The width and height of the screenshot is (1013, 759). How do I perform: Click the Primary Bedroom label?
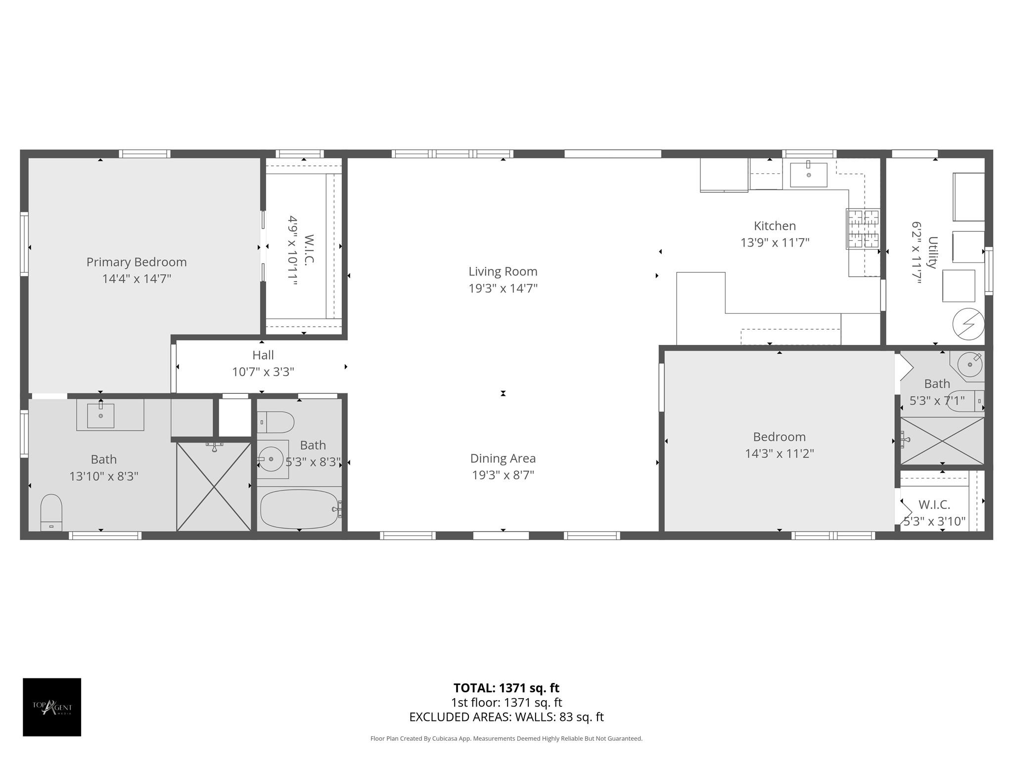coord(137,262)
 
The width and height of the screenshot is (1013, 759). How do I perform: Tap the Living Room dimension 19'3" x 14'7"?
coord(503,288)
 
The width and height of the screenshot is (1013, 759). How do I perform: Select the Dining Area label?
coord(503,458)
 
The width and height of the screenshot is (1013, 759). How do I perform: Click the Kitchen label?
coord(775,226)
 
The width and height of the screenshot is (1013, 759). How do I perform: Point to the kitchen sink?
coord(809,174)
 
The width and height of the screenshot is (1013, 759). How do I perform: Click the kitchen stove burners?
coord(863,228)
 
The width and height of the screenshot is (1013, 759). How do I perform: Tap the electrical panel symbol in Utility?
coord(968,324)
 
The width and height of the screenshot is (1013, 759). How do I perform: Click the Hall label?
coord(263,355)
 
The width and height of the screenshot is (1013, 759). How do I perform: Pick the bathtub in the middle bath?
coord(299,509)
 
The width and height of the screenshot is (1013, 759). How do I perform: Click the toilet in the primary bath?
coord(51,513)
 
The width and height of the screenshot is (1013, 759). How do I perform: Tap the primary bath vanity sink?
coord(100,416)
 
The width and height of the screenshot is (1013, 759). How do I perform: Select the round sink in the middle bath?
coord(271,459)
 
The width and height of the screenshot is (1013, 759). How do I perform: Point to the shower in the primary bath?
coord(214,487)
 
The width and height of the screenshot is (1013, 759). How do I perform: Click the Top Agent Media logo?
coord(52,707)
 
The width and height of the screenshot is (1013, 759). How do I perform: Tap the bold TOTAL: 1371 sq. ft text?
coord(506,688)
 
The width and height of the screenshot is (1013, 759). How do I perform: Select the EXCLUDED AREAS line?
coord(506,717)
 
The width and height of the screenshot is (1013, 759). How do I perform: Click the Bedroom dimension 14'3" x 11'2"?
coord(780,453)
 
